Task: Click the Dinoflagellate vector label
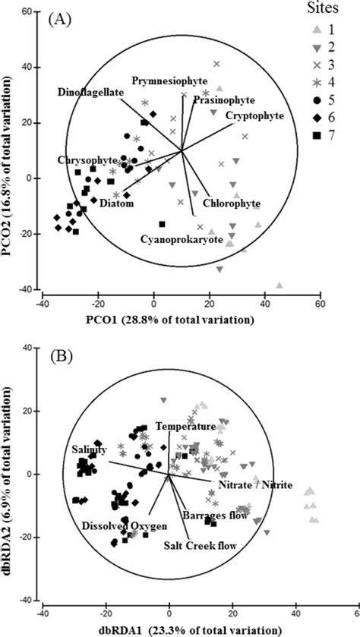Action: pos(89,92)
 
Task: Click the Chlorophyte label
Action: pos(232,203)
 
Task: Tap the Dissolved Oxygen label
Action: pos(116,525)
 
